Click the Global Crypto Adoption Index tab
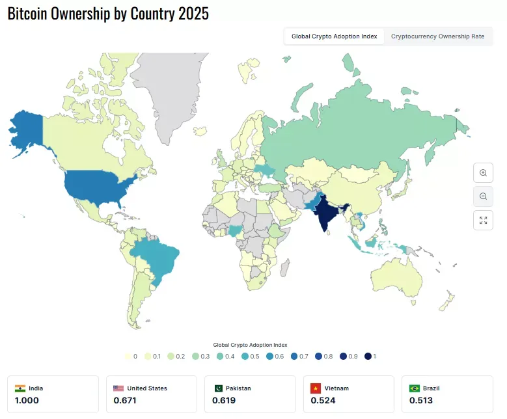[334, 36]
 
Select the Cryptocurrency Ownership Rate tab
[437, 36]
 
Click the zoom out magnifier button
[483, 196]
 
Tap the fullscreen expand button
[483, 220]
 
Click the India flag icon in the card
[20, 388]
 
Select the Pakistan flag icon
[218, 388]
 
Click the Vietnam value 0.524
[323, 400]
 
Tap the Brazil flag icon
[414, 388]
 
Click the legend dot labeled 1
[368, 357]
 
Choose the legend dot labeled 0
[128, 357]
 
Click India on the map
[325, 211]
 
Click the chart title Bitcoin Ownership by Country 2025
[108, 14]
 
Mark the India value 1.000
[27, 400]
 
